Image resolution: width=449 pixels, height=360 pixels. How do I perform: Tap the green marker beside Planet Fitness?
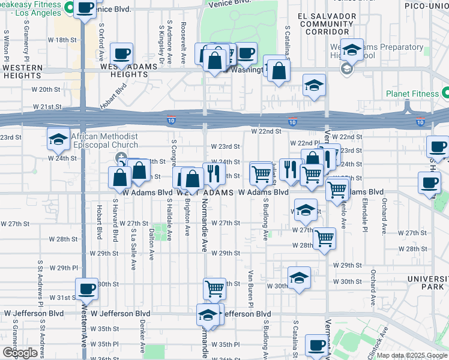click(x=445, y=93)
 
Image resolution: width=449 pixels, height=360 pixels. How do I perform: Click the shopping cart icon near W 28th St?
click(x=324, y=238)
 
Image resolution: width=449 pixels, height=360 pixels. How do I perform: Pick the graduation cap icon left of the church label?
click(x=58, y=139)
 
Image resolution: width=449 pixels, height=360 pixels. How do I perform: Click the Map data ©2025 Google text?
click(x=412, y=355)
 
